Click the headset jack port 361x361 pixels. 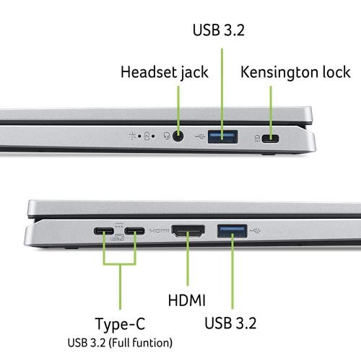click(x=178, y=136)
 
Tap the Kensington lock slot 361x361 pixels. click(x=271, y=139)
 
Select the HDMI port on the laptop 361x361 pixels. click(x=188, y=230)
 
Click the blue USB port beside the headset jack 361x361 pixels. click(x=223, y=136)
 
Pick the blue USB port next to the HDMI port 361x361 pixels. click(x=232, y=231)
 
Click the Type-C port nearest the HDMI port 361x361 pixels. click(x=135, y=231)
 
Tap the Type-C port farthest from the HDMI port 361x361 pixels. click(x=104, y=231)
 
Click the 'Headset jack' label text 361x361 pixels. click(x=165, y=72)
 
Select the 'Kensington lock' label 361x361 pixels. click(x=295, y=72)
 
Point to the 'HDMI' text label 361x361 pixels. click(x=187, y=300)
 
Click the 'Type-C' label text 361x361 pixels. click(x=121, y=324)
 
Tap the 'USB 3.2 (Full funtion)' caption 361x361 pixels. click(x=120, y=343)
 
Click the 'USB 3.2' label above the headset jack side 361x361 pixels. click(x=219, y=30)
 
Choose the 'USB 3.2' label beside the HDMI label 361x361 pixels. click(x=230, y=323)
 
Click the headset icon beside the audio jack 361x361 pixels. click(x=167, y=136)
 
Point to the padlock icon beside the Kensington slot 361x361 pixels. click(x=257, y=139)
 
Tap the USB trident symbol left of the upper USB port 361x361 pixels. click(x=200, y=136)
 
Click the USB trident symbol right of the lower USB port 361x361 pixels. click(x=256, y=231)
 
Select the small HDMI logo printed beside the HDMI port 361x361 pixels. click(x=160, y=230)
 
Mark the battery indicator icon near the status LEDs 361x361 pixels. click(x=147, y=136)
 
